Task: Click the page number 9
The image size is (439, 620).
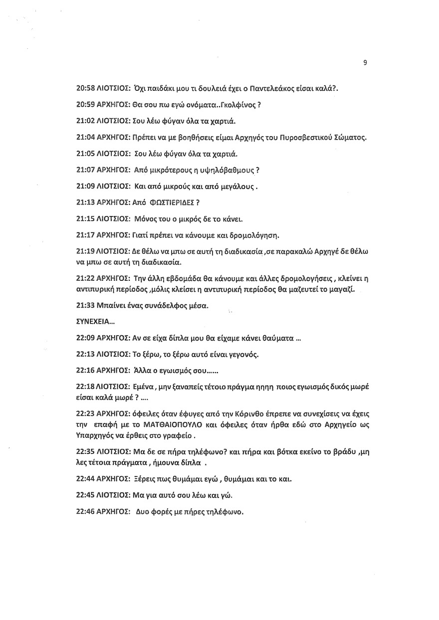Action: pos(366,62)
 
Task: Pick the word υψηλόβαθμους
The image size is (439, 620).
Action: pos(230,169)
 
